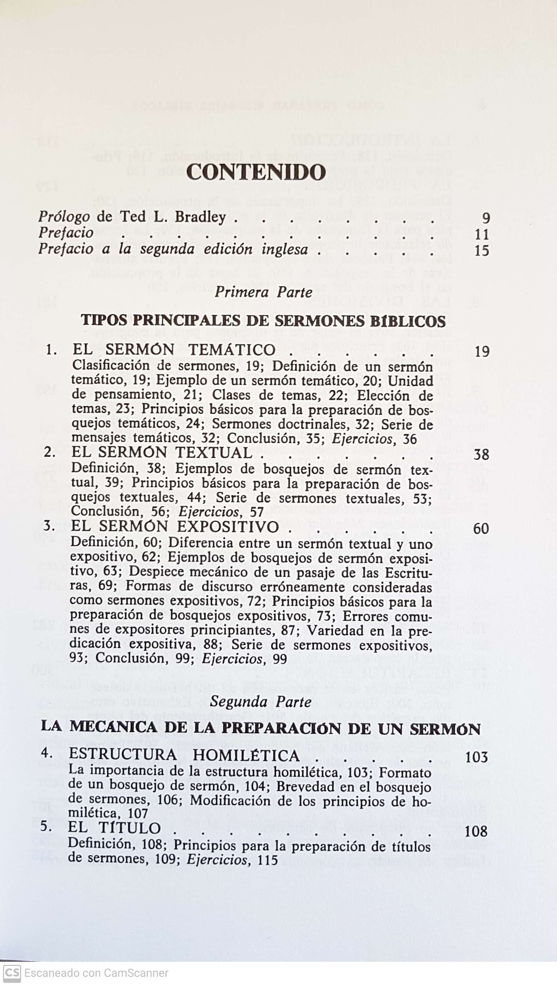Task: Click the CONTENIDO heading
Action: (256, 172)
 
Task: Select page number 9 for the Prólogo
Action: (485, 218)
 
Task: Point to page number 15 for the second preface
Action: (482, 251)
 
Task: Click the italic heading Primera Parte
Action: (263, 292)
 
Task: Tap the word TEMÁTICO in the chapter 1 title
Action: (232, 350)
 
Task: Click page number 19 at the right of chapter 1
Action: (482, 351)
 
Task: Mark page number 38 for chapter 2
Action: (481, 455)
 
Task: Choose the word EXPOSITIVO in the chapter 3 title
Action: (228, 527)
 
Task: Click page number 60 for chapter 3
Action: (481, 529)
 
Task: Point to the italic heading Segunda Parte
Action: (261, 702)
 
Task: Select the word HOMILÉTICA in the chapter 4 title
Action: (246, 755)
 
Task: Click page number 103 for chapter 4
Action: (476, 757)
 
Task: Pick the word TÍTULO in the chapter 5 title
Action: (130, 828)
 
